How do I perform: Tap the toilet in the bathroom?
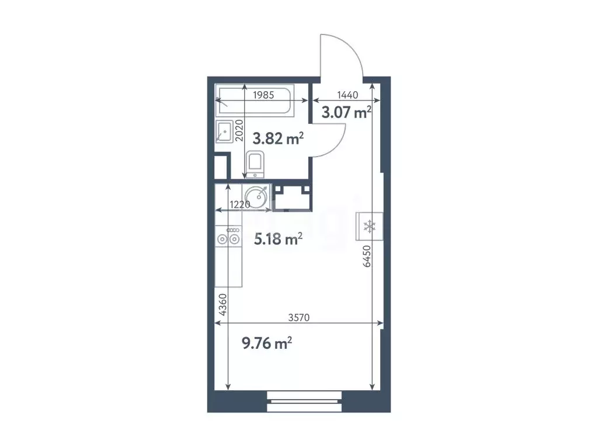[x=255, y=164]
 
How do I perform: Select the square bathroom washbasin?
[x=224, y=132]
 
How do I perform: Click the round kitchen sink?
[x=256, y=195]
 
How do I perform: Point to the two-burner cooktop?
[x=228, y=238]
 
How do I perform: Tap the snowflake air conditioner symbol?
[x=369, y=227]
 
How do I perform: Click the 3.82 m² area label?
[x=277, y=138]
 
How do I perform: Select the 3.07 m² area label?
[x=347, y=112]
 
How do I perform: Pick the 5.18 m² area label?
[x=277, y=238]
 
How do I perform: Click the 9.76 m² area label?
[x=267, y=344]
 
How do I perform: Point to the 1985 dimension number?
[x=263, y=94]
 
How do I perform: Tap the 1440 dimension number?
[x=347, y=95]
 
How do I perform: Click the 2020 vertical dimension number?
[x=238, y=130]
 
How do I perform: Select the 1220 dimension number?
[x=240, y=205]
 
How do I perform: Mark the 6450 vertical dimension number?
[x=367, y=256]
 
